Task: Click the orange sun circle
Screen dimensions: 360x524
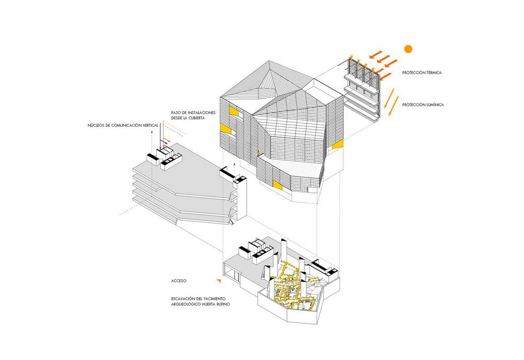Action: coord(408,49)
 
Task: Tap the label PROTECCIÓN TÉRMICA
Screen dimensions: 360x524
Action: coord(422,73)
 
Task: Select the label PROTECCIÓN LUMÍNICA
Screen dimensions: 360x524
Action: coord(423,105)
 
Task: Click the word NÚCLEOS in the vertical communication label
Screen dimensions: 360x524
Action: coord(98,126)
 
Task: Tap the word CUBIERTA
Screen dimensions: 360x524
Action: coord(194,118)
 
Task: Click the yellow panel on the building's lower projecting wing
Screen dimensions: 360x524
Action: coord(276,183)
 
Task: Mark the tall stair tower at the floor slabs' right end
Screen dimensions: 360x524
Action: coord(240,199)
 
